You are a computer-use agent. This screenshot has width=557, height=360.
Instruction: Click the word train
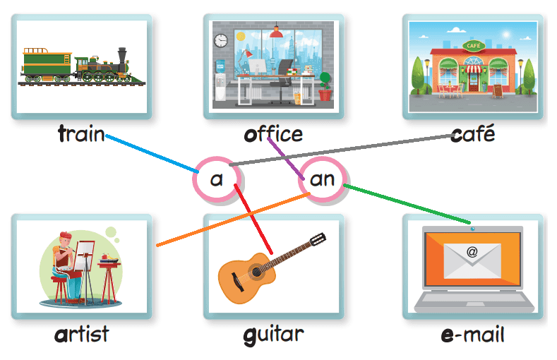(80, 134)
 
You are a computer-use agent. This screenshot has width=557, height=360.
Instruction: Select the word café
(472, 134)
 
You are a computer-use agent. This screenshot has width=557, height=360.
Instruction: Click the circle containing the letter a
(216, 179)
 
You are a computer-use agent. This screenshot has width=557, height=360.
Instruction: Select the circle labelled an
(322, 179)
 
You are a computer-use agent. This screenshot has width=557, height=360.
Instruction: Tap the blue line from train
(152, 153)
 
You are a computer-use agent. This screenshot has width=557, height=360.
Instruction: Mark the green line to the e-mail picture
(409, 204)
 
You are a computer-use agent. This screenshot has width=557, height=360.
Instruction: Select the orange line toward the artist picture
(233, 220)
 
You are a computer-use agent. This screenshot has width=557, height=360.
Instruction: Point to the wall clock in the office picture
(222, 40)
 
